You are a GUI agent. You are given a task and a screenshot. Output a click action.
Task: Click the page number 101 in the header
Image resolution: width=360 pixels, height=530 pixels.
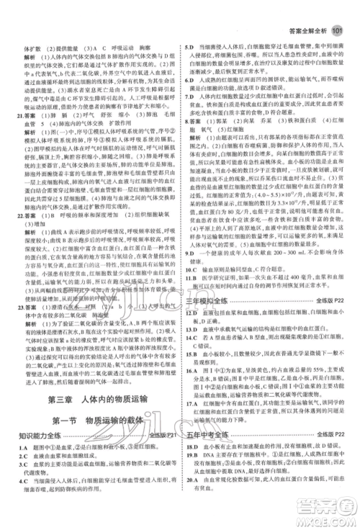click(x=339, y=9)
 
